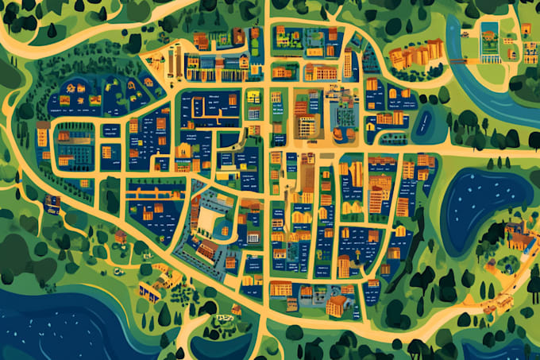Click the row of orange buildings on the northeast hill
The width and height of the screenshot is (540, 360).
pos(415,55)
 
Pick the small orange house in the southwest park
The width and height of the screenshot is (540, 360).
pos(121,236)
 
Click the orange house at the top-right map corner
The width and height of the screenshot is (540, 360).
pos(526,29)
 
